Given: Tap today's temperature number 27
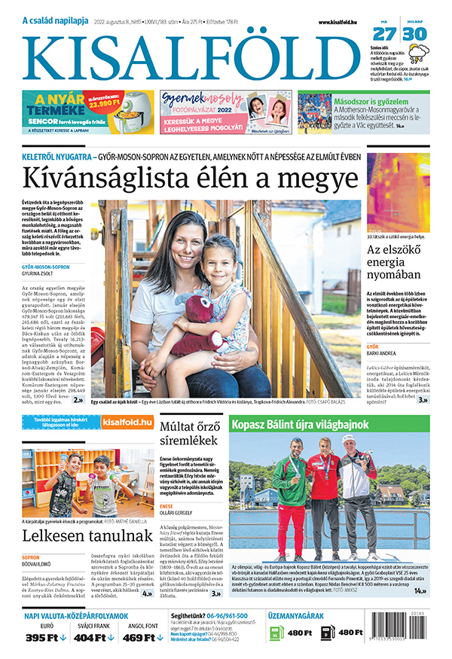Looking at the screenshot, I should tap(384, 34).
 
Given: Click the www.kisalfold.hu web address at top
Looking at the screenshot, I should tap(339, 23).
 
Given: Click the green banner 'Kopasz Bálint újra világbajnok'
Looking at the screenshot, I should tap(331, 425).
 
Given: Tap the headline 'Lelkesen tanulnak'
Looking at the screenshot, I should tap(72, 536).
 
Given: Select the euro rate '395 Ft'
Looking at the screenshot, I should tap(42, 638).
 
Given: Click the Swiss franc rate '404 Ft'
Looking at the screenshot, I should tap(90, 638).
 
